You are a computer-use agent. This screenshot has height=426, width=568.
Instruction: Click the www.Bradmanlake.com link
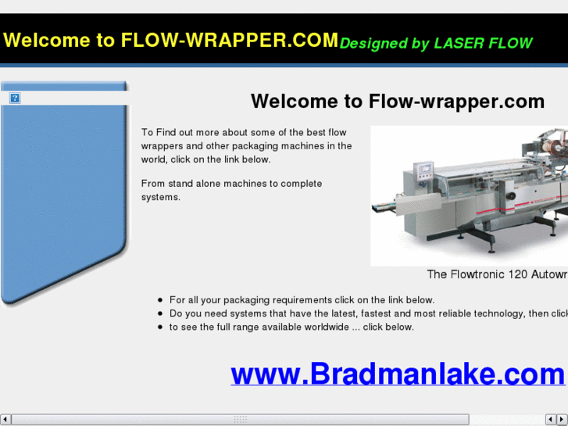tap(397, 374)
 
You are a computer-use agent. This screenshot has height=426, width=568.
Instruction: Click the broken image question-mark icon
tap(15, 98)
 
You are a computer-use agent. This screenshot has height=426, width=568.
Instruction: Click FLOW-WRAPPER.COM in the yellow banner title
tap(230, 40)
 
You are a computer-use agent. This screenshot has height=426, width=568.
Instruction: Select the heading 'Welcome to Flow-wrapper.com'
tap(397, 102)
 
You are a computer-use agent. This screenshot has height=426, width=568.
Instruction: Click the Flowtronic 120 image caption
tap(497, 274)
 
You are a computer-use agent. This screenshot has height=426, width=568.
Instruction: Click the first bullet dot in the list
tap(160, 300)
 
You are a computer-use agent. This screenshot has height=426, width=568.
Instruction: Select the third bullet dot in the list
tap(160, 327)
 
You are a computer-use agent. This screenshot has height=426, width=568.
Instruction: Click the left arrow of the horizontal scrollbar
tap(5, 420)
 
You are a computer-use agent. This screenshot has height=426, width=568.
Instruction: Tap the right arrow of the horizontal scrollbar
tap(563, 420)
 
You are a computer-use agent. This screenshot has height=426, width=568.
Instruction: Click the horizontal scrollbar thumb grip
tap(240, 420)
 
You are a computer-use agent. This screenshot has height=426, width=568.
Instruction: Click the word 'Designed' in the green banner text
tap(370, 43)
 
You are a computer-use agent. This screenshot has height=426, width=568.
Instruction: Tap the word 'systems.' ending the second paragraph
tap(160, 197)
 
